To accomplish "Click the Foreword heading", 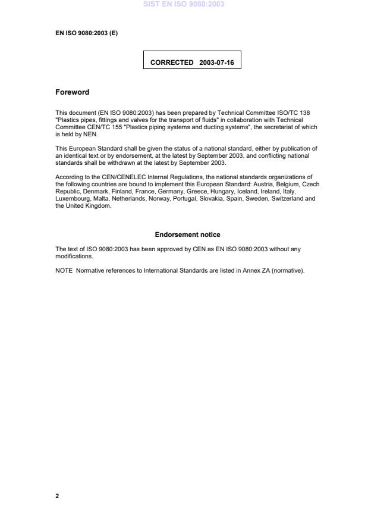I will (x=72, y=92).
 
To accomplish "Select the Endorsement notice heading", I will (x=187, y=235).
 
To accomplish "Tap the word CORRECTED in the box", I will (x=172, y=62).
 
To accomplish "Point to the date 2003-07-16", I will (x=216, y=62).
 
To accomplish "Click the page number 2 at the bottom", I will (x=57, y=496).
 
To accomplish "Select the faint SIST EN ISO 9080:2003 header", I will (x=184, y=4).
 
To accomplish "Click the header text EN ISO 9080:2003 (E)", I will (x=86, y=33).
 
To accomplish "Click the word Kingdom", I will (x=98, y=206).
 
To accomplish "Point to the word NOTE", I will (x=64, y=271).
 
